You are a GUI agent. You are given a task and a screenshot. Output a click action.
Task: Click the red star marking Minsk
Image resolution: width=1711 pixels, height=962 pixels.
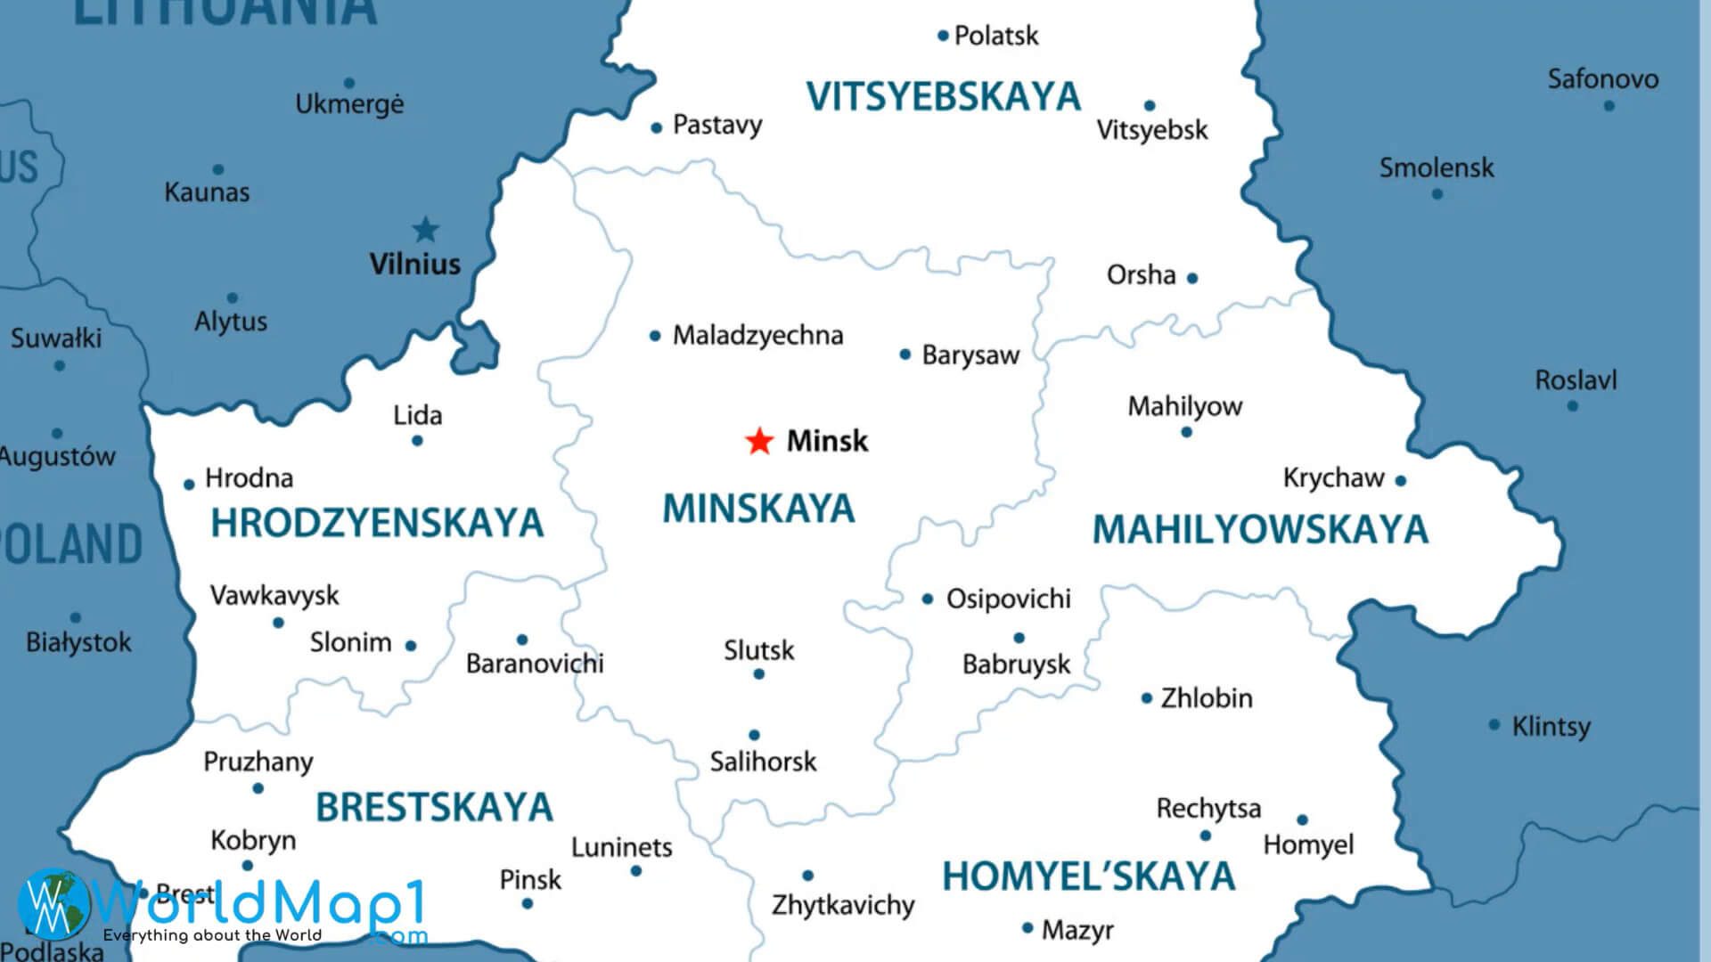pos(759,441)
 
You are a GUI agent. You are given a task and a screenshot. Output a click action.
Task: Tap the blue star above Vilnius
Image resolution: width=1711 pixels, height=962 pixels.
pos(426,230)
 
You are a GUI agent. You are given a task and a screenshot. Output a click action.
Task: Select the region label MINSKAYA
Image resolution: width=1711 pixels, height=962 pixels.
pos(758,509)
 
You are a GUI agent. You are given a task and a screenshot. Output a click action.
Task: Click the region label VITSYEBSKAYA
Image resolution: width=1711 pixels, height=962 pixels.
pos(943,96)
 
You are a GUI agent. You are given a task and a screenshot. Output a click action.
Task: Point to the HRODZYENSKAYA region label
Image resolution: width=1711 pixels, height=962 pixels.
pos(377,523)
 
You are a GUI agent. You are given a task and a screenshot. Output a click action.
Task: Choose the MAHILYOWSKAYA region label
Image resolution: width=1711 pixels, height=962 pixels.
pos(1260,529)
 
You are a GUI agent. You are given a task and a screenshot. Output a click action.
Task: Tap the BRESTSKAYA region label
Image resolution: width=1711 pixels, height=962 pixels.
pos(434,807)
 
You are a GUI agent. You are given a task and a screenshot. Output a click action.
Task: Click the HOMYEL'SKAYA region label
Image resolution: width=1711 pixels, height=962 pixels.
pos(1088,876)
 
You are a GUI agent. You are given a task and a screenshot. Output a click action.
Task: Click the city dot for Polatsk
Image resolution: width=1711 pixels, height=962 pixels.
pos(943,37)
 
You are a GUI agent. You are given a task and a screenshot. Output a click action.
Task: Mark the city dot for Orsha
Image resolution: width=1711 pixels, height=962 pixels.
pos(1192,278)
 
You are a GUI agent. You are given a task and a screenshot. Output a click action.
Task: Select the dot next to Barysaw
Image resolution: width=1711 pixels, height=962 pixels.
pos(905,355)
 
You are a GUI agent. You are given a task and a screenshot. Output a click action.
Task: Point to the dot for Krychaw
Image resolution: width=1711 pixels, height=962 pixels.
pos(1401,481)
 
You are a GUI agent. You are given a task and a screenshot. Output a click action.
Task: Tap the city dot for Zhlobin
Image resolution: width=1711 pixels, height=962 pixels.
pos(1147,698)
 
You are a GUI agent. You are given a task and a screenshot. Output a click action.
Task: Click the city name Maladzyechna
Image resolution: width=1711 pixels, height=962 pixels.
pos(757,336)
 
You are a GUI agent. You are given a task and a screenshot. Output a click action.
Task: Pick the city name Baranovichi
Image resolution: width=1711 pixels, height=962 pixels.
pos(535,664)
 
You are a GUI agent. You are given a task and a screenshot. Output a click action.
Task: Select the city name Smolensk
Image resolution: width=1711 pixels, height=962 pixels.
pos(1437,167)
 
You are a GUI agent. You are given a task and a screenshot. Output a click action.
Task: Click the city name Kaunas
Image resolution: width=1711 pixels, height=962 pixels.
pos(207,192)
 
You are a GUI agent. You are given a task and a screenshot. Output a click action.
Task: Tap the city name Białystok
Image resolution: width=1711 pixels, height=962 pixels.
pos(78,642)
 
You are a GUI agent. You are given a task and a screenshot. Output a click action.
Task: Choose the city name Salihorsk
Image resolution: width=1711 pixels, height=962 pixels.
pos(763,762)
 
